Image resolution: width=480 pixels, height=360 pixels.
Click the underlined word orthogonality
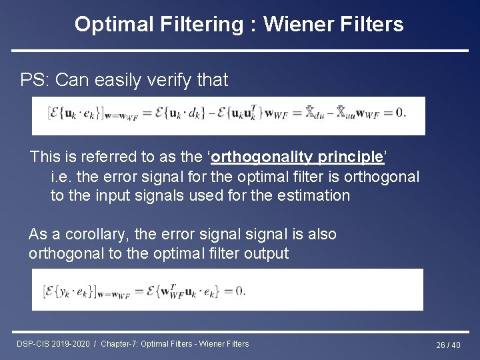point(267,157)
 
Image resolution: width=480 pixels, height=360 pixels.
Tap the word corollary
point(92,235)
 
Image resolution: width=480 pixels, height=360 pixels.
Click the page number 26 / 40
point(448,345)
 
